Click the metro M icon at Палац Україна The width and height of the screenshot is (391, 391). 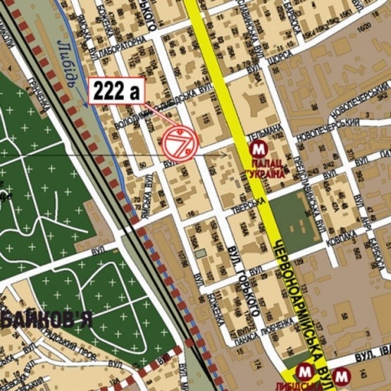tap(259, 149)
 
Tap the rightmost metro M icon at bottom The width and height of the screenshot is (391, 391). tap(343, 374)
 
